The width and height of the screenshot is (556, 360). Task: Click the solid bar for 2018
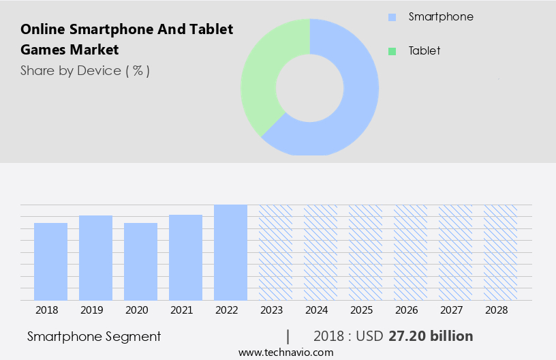coord(50,261)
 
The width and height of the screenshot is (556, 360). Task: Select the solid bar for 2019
coord(95,258)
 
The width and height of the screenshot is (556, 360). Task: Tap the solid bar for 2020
coord(140,261)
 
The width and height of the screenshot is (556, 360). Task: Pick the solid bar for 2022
coord(230,252)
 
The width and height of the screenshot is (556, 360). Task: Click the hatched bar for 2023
coord(275,252)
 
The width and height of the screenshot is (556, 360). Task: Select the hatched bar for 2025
coord(365,252)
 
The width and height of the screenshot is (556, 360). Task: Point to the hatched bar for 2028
coord(500,252)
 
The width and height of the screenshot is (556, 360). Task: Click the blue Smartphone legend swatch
coord(392,17)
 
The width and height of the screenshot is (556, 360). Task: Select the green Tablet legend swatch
coord(392,51)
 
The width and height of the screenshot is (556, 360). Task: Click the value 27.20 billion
coord(431,336)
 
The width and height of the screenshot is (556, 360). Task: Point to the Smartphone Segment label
coord(94,336)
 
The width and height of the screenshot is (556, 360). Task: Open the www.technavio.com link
coord(286,352)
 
